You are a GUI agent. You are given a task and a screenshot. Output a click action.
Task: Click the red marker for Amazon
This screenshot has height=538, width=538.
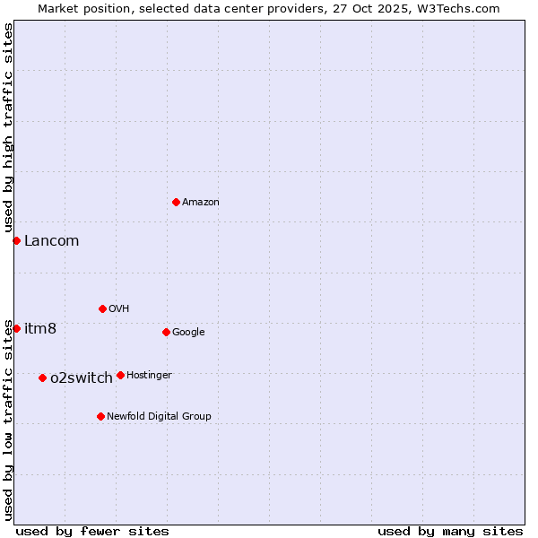pyautogui.click(x=176, y=202)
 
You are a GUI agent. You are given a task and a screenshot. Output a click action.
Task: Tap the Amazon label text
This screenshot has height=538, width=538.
pyautogui.click(x=201, y=203)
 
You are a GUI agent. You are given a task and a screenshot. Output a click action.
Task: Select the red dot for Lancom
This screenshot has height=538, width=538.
pyautogui.click(x=16, y=240)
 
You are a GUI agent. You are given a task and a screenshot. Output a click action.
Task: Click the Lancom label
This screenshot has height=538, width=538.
pyautogui.click(x=51, y=240)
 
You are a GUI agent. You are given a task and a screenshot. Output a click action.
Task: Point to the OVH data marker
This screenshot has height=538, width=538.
pyautogui.click(x=102, y=308)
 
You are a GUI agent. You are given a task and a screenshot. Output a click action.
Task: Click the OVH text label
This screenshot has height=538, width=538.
pyautogui.click(x=119, y=309)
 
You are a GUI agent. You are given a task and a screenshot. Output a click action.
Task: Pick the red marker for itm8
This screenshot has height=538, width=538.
pyautogui.click(x=16, y=328)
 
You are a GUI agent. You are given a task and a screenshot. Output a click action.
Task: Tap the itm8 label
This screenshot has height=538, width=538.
pyautogui.click(x=40, y=328)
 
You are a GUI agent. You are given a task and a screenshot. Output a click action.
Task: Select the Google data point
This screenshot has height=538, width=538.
pyautogui.click(x=166, y=332)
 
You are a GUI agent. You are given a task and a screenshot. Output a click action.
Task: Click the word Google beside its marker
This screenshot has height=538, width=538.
pyautogui.click(x=188, y=333)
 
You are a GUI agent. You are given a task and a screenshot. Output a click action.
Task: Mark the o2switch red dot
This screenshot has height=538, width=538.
pyautogui.click(x=42, y=377)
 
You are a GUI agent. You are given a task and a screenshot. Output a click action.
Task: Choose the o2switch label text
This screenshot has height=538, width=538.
pyautogui.click(x=82, y=377)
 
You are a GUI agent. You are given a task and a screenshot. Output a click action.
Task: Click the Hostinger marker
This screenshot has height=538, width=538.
pyautogui.click(x=120, y=375)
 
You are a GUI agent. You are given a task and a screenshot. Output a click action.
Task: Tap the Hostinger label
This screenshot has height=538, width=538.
pyautogui.click(x=149, y=376)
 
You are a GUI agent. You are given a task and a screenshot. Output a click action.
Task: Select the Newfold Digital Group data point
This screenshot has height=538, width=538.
pyautogui.click(x=100, y=416)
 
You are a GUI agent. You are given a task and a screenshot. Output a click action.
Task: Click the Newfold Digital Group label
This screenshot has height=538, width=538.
pyautogui.click(x=159, y=417)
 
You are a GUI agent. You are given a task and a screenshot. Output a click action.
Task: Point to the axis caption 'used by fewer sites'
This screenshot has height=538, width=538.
pyautogui.click(x=92, y=531)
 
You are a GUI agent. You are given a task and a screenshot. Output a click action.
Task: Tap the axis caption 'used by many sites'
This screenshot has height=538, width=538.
pyautogui.click(x=450, y=531)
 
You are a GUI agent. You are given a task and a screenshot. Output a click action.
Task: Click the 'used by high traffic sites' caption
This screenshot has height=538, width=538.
pyautogui.click(x=8, y=128)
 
